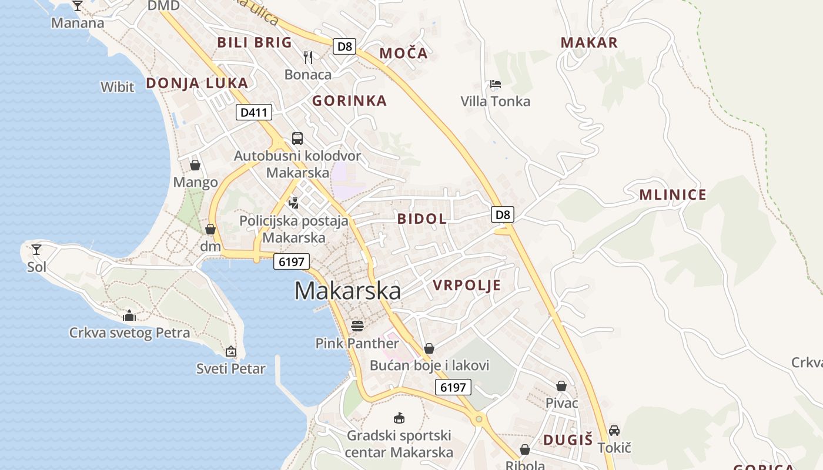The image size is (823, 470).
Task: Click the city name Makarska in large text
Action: tap(347, 291)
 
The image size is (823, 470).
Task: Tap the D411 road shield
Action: tap(254, 112)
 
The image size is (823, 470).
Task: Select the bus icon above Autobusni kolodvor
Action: tap(297, 139)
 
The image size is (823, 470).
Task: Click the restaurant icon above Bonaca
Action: tap(308, 56)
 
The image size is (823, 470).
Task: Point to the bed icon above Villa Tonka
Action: tap(496, 84)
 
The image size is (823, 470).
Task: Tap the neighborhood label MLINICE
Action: tap(673, 195)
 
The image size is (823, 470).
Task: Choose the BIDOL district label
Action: tap(421, 219)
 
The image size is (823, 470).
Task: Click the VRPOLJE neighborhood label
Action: tap(467, 286)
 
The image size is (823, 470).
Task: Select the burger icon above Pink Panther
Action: tap(357, 325)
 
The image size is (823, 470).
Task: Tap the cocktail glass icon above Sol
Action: tap(36, 250)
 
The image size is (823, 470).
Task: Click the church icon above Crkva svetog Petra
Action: tap(129, 315)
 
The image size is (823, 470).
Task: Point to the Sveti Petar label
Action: tap(230, 369)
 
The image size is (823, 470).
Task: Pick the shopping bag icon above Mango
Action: tap(195, 165)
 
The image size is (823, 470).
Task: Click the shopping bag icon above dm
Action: tap(210, 229)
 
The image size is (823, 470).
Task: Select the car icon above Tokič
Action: tap(614, 430)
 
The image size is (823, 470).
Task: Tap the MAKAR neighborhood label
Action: tap(589, 42)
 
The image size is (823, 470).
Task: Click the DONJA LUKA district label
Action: tap(197, 83)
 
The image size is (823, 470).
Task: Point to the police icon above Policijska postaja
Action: tap(293, 203)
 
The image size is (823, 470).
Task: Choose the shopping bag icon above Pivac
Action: tap(561, 386)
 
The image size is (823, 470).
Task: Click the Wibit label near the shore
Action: tap(118, 87)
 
